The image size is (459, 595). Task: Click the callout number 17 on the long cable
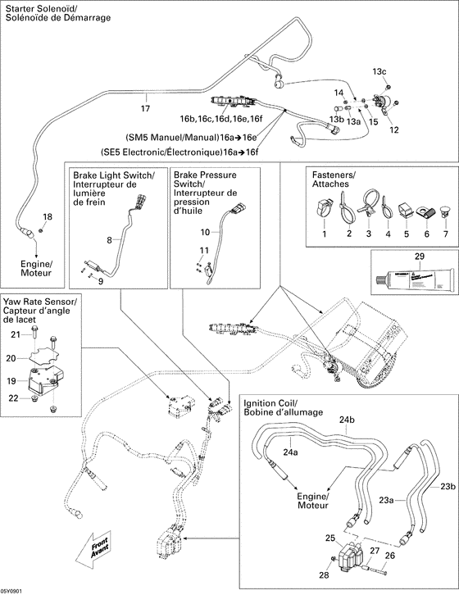pos(146,108)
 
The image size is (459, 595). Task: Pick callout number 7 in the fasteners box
pos(446,234)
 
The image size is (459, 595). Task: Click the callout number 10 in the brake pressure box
pos(206,232)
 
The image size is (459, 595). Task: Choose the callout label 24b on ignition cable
pos(348,420)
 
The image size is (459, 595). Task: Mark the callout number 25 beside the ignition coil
pos(331,538)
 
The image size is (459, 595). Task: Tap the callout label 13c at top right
pos(379,72)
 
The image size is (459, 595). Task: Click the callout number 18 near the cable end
pos(47,216)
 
